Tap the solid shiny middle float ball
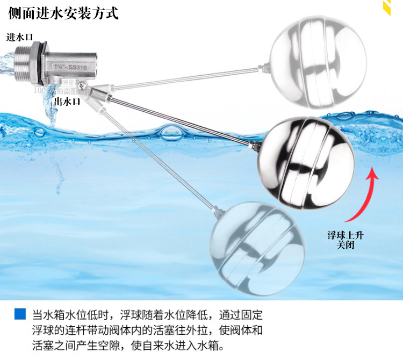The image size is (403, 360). coord(305,162)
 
